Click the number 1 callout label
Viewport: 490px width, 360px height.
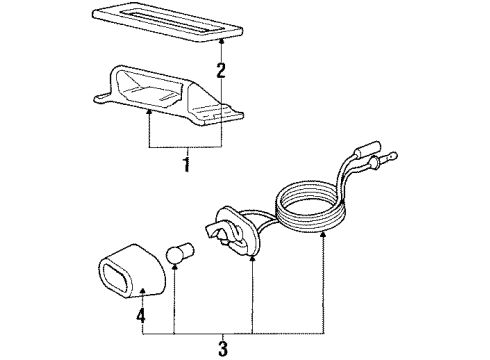pos(185,164)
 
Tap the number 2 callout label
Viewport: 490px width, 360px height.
pos(221,70)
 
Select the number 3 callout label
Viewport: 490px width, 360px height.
pos(223,347)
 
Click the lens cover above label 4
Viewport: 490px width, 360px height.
pos(129,264)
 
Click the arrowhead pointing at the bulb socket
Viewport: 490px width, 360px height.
pos(252,258)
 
